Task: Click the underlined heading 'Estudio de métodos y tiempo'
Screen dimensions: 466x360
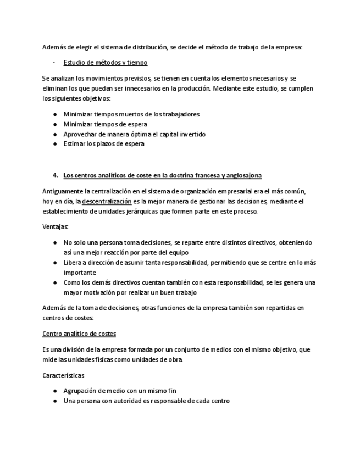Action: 105,62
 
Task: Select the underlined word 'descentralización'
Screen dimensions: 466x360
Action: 107,201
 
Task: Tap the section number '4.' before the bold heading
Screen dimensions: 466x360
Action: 56,175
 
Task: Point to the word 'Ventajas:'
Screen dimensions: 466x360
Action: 55,226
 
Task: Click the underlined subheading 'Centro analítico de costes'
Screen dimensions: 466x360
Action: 79,334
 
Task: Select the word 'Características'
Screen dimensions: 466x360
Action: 63,375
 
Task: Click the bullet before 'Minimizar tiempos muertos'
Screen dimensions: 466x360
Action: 55,114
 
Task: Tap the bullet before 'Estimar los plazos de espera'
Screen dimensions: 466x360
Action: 55,144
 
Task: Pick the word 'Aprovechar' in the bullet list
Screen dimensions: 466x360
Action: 80,134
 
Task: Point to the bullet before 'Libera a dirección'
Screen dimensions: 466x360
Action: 55,263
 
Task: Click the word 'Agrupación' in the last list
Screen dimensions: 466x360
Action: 82,391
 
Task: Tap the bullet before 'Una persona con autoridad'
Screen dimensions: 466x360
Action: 55,401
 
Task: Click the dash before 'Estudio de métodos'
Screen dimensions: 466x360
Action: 54,62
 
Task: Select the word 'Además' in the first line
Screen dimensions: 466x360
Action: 53,47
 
